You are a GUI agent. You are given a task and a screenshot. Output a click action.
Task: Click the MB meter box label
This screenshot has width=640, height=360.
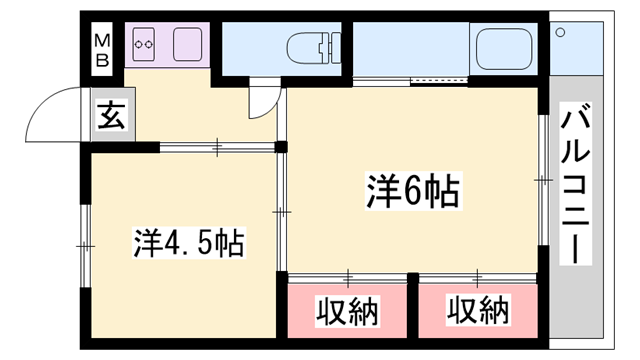pyautogui.click(x=101, y=47)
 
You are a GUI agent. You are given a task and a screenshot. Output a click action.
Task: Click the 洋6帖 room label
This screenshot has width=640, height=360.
pyautogui.click(x=405, y=189)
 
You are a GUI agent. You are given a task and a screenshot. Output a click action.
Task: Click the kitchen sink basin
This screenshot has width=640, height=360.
pyautogui.click(x=188, y=45)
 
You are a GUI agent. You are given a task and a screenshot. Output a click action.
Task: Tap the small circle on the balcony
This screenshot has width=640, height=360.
pyautogui.click(x=560, y=33)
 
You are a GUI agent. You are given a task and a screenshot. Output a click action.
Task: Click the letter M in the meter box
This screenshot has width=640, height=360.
pyautogui.click(x=101, y=40)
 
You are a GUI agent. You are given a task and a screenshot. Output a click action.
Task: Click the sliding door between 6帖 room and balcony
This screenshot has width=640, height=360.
pyautogui.click(x=543, y=181)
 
